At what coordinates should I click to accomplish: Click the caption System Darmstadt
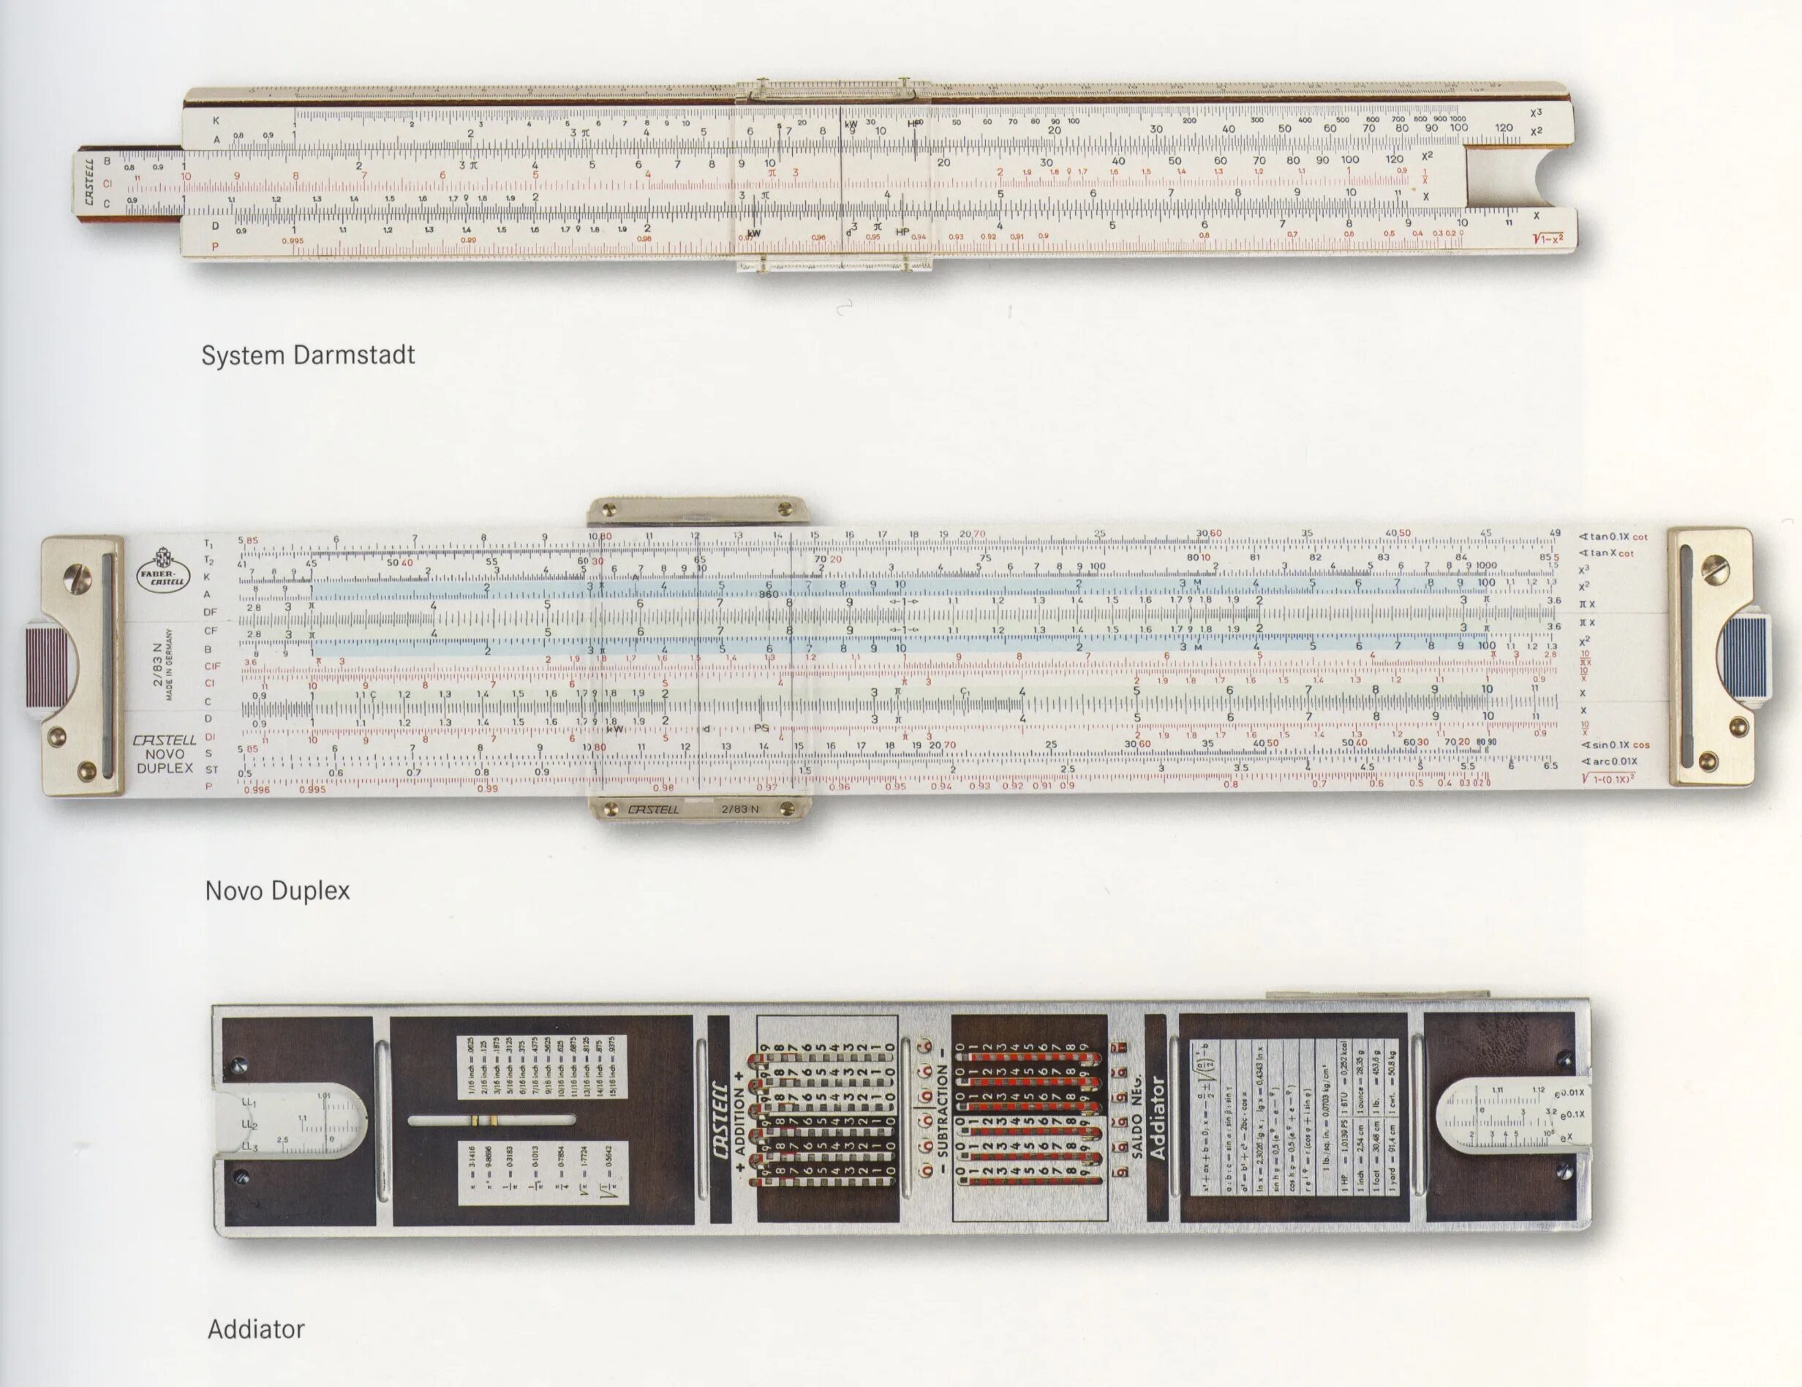point(308,356)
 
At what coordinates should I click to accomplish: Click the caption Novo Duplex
point(277,891)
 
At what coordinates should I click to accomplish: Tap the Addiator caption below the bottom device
point(256,1329)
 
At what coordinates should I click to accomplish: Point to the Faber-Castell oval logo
point(162,569)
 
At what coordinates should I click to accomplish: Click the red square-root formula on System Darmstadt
point(1548,239)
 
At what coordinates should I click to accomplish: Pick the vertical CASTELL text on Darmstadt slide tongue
point(88,182)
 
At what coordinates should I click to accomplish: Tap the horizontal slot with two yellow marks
point(491,1121)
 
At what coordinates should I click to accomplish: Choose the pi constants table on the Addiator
point(542,1173)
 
